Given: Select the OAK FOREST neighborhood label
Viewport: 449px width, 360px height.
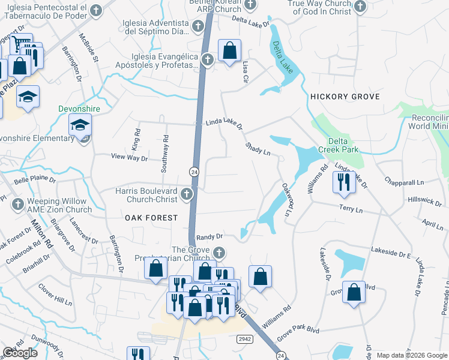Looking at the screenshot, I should [x=151, y=217].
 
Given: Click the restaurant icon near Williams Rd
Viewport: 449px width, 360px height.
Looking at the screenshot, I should [x=343, y=182].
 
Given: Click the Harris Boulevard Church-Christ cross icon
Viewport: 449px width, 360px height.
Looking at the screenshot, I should [x=187, y=194].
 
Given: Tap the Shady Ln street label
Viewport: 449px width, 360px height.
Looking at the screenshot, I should [x=258, y=149].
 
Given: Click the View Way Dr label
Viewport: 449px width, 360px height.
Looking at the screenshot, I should [x=129, y=157].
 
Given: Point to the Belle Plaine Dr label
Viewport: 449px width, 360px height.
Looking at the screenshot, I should [x=35, y=179].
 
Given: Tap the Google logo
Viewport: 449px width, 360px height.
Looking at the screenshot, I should [x=20, y=353].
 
